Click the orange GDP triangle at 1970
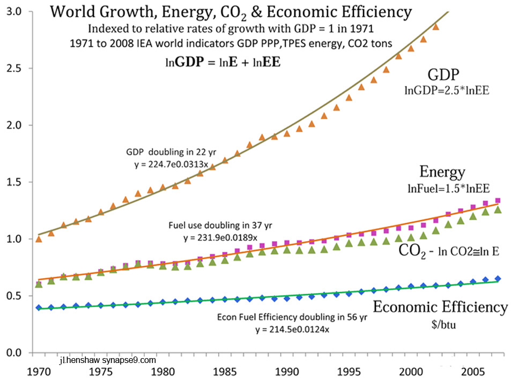(38, 239)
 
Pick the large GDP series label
(444, 74)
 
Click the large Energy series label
(442, 172)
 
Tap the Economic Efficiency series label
(440, 307)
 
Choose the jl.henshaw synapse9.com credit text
(109, 360)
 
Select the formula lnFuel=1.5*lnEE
(442, 188)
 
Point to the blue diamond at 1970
(38, 308)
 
